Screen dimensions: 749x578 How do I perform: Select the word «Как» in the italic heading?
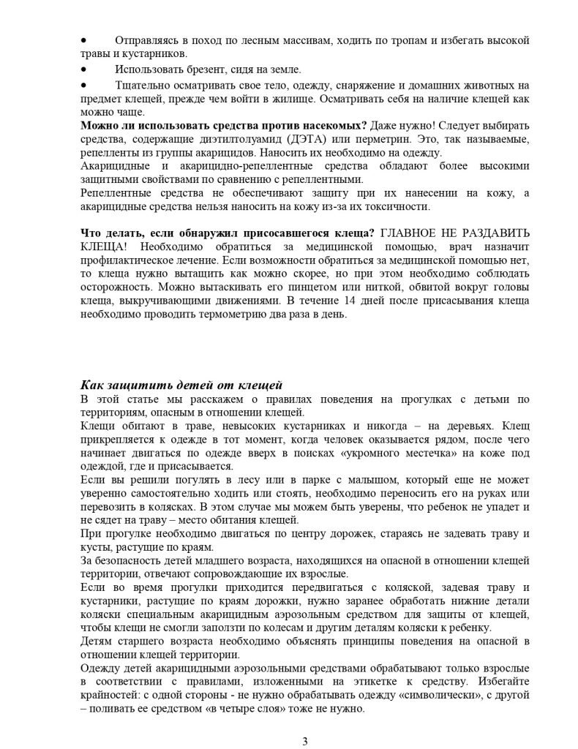pyautogui.click(x=92, y=386)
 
